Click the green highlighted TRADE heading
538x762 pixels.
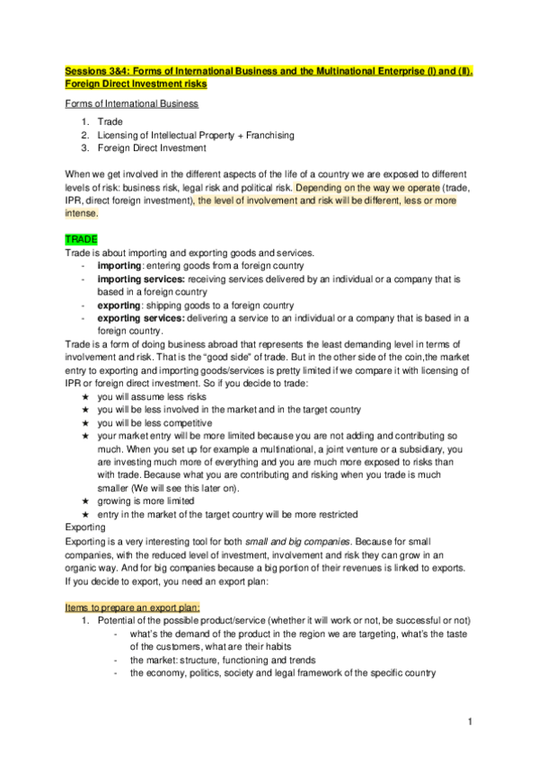point(81,240)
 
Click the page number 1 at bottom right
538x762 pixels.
point(470,722)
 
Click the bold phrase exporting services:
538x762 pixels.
point(138,317)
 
